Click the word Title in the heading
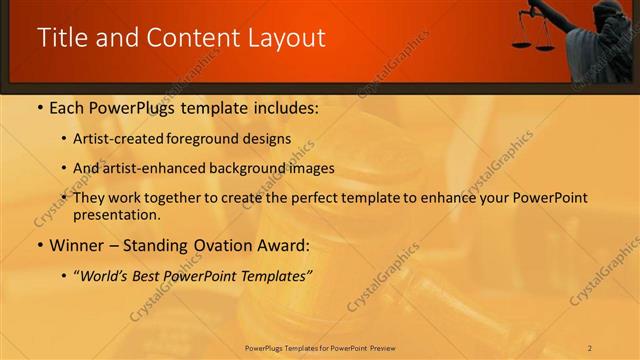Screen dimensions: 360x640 click(63, 38)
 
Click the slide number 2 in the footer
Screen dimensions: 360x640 click(590, 347)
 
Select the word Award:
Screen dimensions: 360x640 click(285, 245)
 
